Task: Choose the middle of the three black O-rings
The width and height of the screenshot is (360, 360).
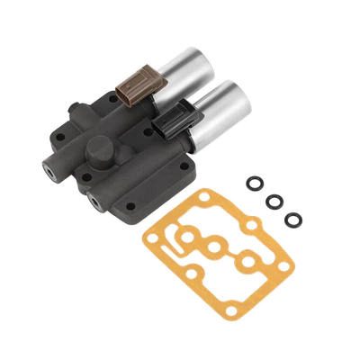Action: (x=273, y=202)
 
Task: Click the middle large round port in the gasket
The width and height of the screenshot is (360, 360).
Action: (x=214, y=248)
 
